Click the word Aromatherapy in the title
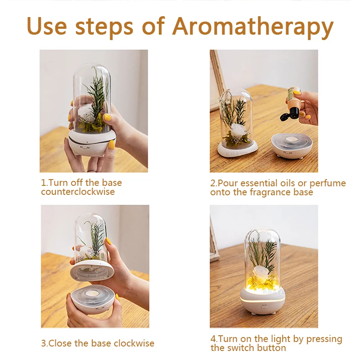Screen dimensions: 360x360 click(253, 27)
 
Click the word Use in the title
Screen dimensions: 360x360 click(47, 26)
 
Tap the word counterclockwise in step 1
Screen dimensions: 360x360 click(78, 192)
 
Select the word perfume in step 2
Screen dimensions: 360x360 click(328, 184)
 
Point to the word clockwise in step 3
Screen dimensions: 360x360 click(134, 343)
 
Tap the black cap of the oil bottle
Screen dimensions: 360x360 click(290, 114)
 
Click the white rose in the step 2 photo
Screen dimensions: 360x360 click(237, 130)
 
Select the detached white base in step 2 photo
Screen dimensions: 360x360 click(292, 145)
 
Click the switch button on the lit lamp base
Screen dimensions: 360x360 click(264, 306)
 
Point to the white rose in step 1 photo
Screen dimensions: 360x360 click(85, 111)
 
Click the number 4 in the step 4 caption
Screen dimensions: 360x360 click(213, 339)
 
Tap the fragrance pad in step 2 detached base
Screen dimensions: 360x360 click(292, 139)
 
